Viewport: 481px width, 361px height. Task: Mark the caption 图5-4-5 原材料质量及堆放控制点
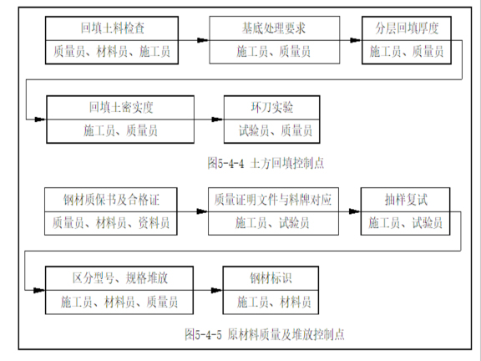pyautogui.click(x=266, y=334)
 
